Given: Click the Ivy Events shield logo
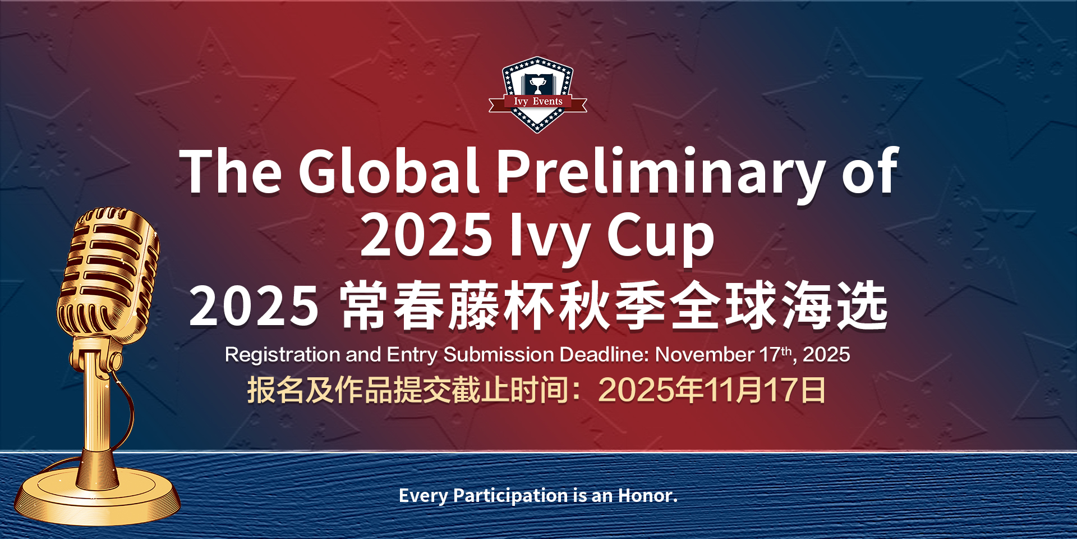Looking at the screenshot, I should point(537,94).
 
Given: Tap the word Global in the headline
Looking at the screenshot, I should point(388,171).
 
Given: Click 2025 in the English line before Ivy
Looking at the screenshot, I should point(426,236).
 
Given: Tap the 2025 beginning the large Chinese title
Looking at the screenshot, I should point(254,307).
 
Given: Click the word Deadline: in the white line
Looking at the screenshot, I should point(604,355).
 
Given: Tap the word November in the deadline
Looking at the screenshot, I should point(705,355).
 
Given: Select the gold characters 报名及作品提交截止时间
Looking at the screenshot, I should point(408,390).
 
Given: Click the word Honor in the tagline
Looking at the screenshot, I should point(647,496).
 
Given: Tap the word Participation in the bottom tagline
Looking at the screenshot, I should point(510,496).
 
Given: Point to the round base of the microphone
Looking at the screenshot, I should point(96,497).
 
